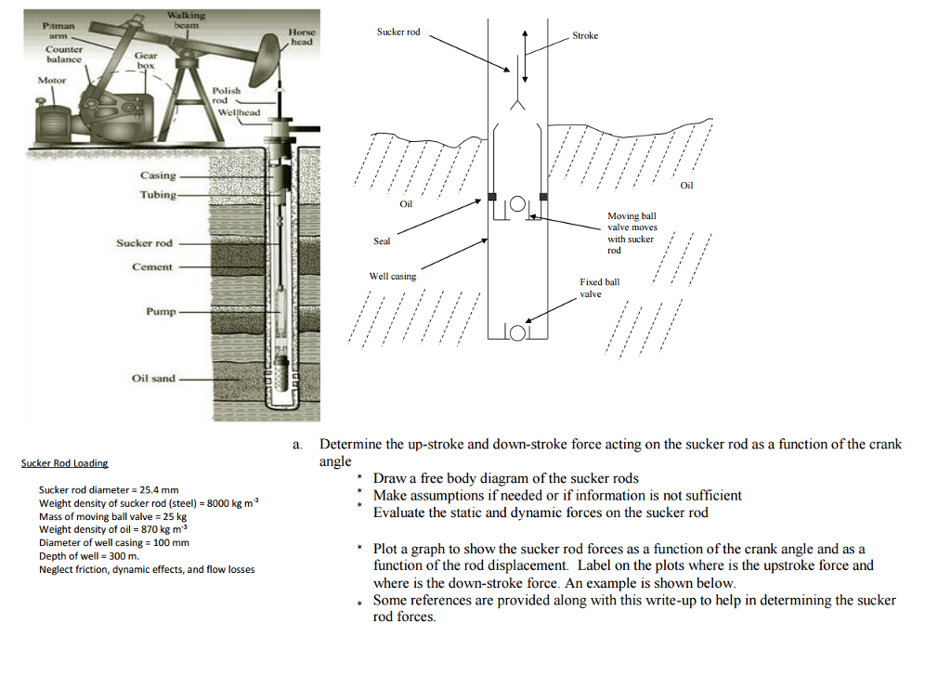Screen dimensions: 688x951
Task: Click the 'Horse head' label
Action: pos(302,37)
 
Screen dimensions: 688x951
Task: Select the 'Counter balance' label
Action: pos(64,54)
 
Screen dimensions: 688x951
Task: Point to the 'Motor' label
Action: pos(52,81)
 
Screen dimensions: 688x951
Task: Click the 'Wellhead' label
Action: pos(239,112)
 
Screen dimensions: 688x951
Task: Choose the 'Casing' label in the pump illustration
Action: pos(158,175)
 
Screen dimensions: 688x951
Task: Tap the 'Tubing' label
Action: pos(157,195)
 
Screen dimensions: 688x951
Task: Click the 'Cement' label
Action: pos(153,267)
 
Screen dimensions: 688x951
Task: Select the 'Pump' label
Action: pos(160,312)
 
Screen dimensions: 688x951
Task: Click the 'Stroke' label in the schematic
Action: pos(585,36)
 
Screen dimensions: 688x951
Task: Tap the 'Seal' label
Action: pos(382,241)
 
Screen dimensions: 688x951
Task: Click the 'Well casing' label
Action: pos(393,277)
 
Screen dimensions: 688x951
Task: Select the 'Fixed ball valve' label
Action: pos(599,288)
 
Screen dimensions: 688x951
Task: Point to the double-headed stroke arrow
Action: pos(527,57)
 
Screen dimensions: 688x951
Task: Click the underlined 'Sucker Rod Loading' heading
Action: pos(64,463)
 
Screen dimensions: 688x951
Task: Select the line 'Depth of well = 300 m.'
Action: pos(88,555)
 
